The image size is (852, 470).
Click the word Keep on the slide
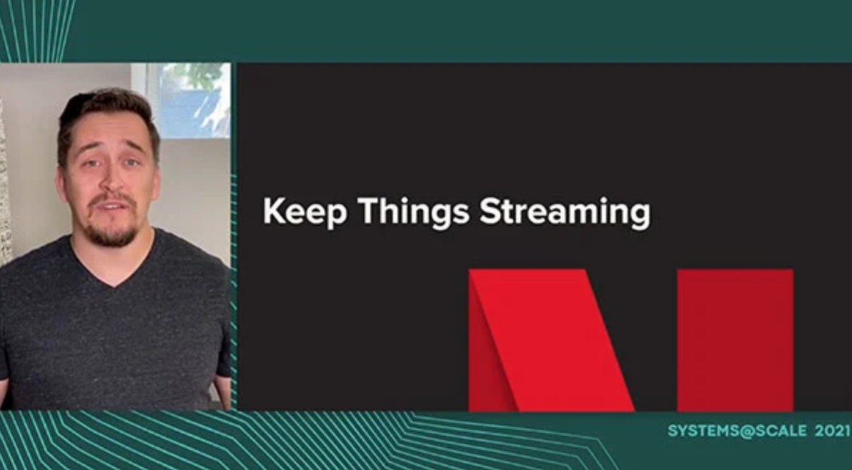click(x=304, y=211)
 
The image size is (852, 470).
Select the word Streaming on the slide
click(x=565, y=211)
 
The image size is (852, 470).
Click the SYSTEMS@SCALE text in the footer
click(x=738, y=431)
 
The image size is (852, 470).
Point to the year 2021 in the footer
click(x=832, y=431)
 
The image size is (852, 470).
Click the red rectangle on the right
click(x=735, y=340)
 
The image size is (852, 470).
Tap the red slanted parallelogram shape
click(x=550, y=340)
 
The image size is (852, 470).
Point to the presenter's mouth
click(x=112, y=206)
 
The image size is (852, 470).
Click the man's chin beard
click(x=112, y=234)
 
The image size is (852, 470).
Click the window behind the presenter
click(x=187, y=101)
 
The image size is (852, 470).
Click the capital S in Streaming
click(x=490, y=211)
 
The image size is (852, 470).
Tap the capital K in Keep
click(x=274, y=211)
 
